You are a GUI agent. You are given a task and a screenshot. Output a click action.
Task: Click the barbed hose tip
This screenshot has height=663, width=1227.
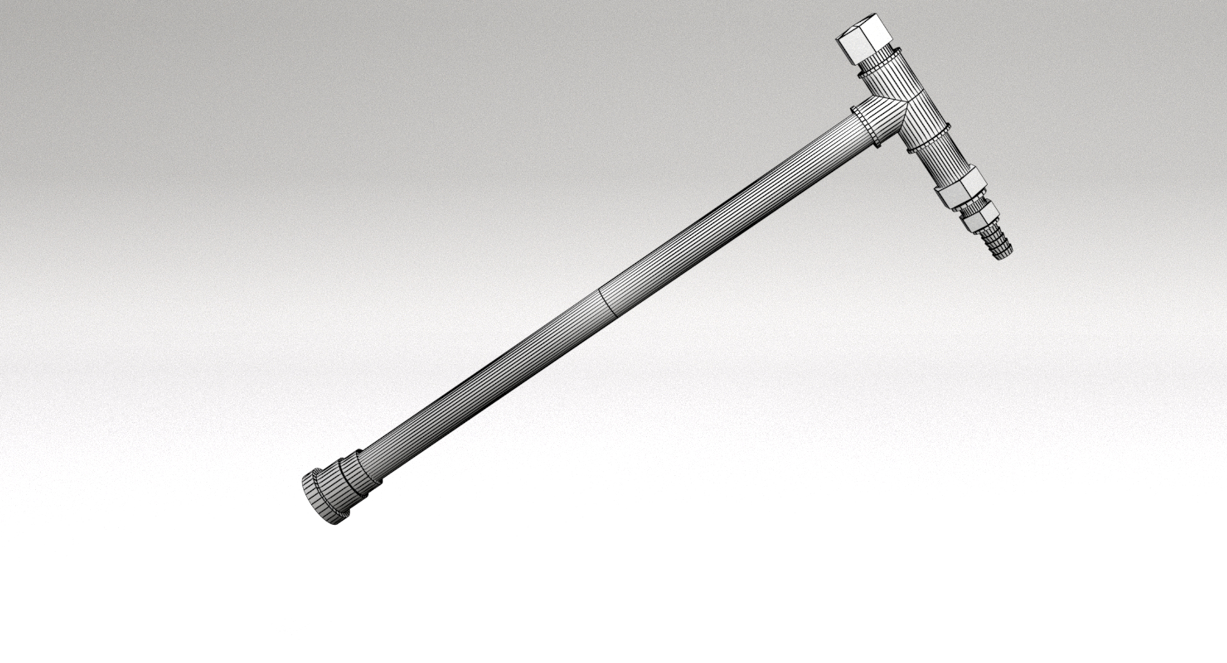coord(997,243)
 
